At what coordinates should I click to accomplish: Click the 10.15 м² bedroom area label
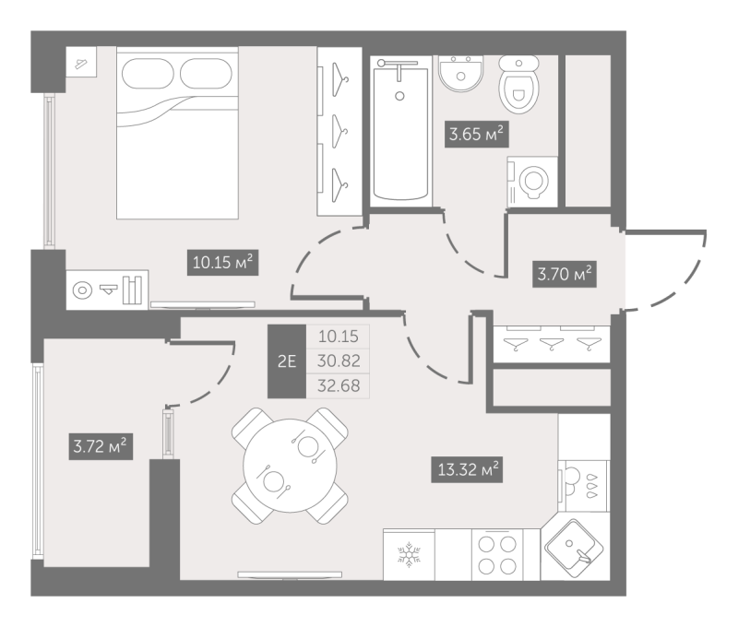coord(223,262)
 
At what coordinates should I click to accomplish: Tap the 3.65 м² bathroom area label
coord(476,135)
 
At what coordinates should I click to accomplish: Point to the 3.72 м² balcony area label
coord(101,446)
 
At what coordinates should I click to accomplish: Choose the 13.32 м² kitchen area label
coord(467,469)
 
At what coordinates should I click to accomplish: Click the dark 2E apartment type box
coord(287,361)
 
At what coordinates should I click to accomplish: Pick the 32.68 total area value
coord(339,385)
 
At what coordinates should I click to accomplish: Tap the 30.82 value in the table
coord(339,361)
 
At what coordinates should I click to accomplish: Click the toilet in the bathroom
coord(518,84)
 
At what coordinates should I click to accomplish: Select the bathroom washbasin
coord(460,73)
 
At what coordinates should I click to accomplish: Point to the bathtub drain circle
coord(399,96)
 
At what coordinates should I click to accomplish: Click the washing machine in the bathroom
coord(532,182)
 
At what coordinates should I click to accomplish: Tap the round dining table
coord(290,466)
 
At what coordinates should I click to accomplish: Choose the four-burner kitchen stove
coord(497,554)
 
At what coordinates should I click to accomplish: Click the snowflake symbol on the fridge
coord(409,553)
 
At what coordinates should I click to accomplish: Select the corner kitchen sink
coord(574,548)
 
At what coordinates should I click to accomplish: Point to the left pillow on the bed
coord(148,74)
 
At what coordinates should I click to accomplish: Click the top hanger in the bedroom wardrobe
coord(339,79)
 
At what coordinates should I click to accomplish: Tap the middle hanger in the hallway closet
coord(552,345)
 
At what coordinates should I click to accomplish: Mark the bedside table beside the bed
coord(81,62)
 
